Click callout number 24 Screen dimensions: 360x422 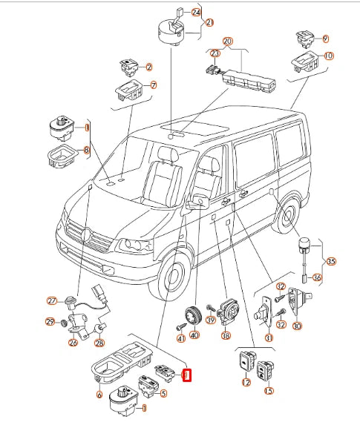[196, 13]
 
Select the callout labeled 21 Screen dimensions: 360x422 [209, 22]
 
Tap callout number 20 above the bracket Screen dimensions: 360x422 [228, 42]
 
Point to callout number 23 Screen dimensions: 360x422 [215, 53]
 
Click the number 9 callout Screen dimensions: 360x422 [326, 39]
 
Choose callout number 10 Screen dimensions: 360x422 [329, 56]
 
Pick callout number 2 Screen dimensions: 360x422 [149, 67]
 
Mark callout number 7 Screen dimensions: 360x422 [154, 85]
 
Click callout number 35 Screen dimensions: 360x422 [331, 261]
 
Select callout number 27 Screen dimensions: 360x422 [52, 300]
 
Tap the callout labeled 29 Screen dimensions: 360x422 [50, 322]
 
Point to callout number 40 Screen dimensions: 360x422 [194, 335]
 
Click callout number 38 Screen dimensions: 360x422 [226, 336]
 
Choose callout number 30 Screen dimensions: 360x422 [297, 326]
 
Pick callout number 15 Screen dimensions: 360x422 [269, 391]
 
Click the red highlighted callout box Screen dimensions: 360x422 [187, 375]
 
